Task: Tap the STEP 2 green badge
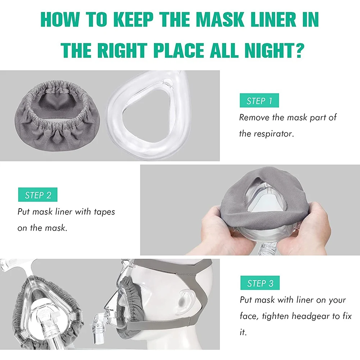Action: point(38,195)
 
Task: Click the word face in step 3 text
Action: point(249,316)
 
